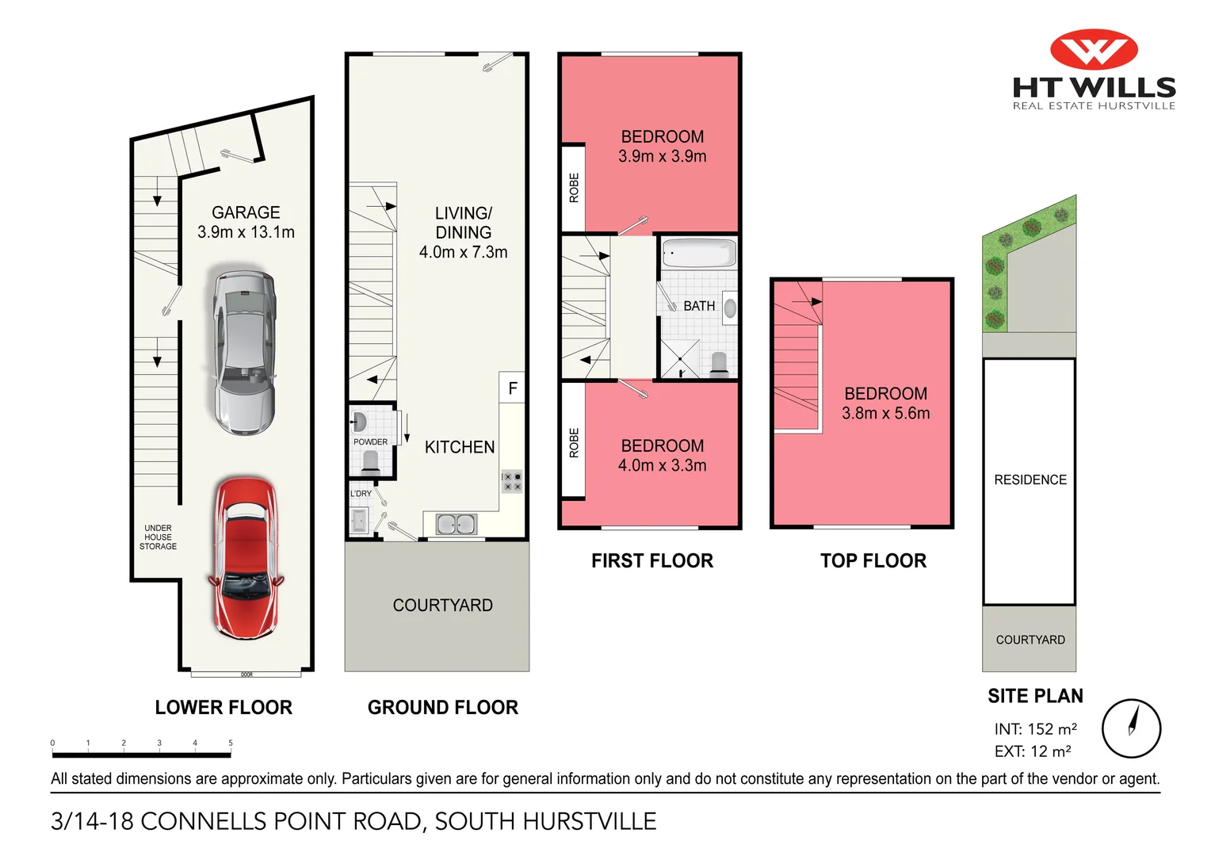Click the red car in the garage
pyautogui.click(x=246, y=558)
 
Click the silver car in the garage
pyautogui.click(x=245, y=352)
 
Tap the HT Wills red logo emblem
pyautogui.click(x=1094, y=50)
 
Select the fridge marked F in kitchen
pyautogui.click(x=512, y=388)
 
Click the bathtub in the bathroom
pyautogui.click(x=698, y=254)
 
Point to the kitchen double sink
pyautogui.click(x=456, y=524)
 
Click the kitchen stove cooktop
pyautogui.click(x=512, y=481)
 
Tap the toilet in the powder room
pyautogui.click(x=370, y=461)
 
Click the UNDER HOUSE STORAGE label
pyautogui.click(x=158, y=537)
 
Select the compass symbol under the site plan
pyautogui.click(x=1131, y=728)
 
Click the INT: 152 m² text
pyautogui.click(x=1035, y=729)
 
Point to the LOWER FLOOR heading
pyautogui.click(x=223, y=707)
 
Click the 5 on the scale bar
pyautogui.click(x=231, y=743)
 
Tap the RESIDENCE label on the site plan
pyautogui.click(x=1030, y=480)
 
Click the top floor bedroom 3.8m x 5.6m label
pyautogui.click(x=885, y=403)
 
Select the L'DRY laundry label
pyautogui.click(x=361, y=494)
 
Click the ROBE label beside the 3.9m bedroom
pyautogui.click(x=574, y=188)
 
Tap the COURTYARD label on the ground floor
pyautogui.click(x=442, y=605)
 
